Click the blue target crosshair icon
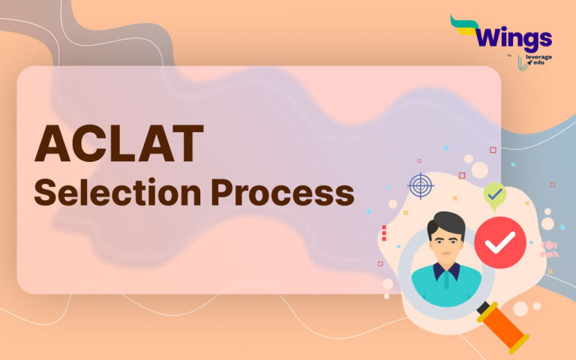tap(421, 185)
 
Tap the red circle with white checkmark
tap(500, 242)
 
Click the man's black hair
tap(445, 223)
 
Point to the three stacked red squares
tap(383, 232)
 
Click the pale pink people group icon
tap(550, 248)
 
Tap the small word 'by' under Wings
tap(508, 55)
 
